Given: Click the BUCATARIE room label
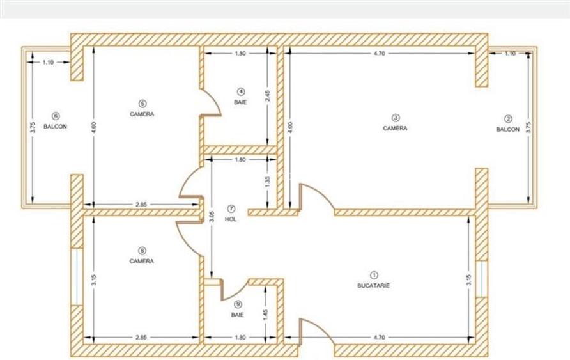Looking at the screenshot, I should (x=373, y=286).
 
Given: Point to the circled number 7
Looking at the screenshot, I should (x=231, y=208).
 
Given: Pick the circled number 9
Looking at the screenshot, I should (x=238, y=305).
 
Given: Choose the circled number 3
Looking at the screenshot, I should (x=396, y=117).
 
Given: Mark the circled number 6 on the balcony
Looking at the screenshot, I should (x=55, y=116).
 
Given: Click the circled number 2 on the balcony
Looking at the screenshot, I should (x=508, y=118).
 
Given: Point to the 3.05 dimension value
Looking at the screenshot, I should (x=212, y=217).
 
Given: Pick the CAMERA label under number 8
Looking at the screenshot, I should (x=141, y=261).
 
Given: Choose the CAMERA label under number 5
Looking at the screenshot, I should (x=142, y=113).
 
